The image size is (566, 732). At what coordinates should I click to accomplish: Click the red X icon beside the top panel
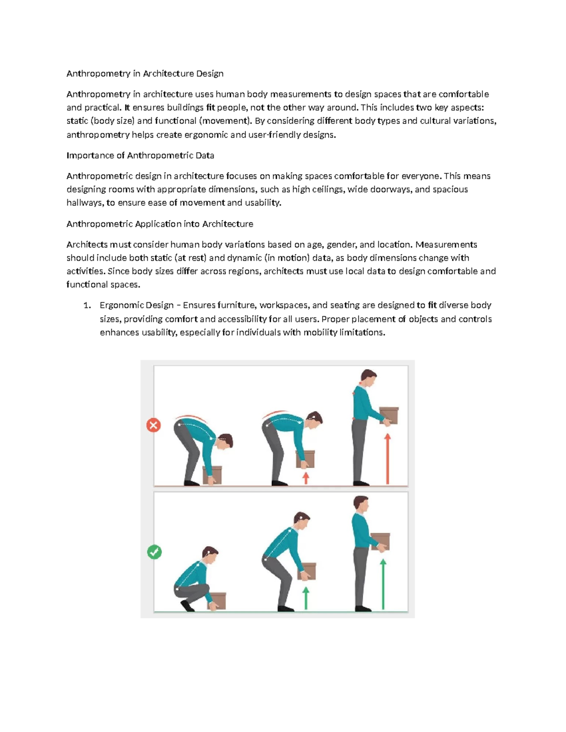[x=153, y=425]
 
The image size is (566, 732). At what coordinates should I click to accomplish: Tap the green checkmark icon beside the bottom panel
[x=154, y=552]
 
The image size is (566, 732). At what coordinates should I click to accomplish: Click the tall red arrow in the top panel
[x=388, y=459]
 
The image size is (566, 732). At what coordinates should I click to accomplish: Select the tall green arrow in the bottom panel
[x=383, y=584]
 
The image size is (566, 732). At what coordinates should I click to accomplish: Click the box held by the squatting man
[x=216, y=601]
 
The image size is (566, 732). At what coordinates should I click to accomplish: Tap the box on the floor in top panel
[x=212, y=474]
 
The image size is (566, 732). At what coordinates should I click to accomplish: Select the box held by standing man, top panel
[x=389, y=415]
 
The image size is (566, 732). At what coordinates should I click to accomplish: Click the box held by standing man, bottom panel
[x=380, y=541]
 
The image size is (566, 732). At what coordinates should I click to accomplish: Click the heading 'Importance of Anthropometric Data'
[x=140, y=156]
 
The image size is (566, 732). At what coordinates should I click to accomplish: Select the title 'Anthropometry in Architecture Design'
[x=145, y=74]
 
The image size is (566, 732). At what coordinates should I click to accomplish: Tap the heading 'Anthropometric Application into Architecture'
[x=159, y=224]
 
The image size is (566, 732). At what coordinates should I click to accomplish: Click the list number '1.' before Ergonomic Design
[x=87, y=305]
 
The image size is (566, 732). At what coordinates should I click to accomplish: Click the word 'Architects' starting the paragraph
[x=87, y=245]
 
